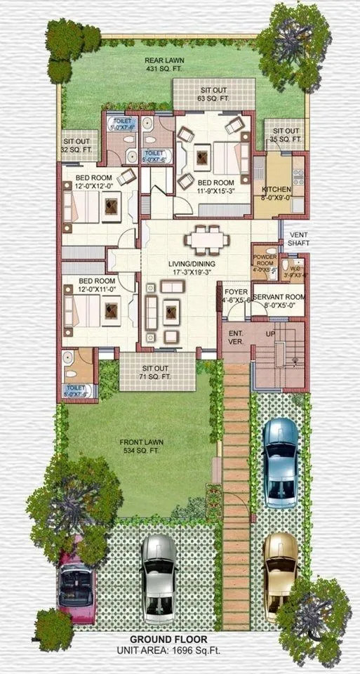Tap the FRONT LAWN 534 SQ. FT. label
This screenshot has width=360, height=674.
click(x=141, y=445)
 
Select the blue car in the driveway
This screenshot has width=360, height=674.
click(x=280, y=462)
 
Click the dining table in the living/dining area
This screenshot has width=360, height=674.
click(x=207, y=240)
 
